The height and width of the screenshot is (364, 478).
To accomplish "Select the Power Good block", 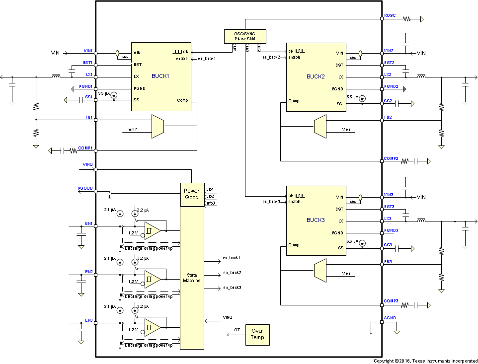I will pos(191,194).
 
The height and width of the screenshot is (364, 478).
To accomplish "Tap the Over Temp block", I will pos(257,334).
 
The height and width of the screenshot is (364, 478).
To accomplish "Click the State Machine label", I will pos(191,278).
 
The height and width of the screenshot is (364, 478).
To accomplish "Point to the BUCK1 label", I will pos(160,76).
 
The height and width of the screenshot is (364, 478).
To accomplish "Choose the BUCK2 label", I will pos(316,76).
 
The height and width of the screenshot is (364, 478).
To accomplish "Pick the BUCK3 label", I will pos(316,220).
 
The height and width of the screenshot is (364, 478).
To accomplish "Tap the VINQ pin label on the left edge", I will pos(87,164).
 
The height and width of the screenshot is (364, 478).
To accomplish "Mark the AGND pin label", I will pos(390,318).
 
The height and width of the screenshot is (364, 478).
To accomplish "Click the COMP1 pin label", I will pos(85,147).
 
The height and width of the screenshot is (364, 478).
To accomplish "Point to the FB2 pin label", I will pos(389,117).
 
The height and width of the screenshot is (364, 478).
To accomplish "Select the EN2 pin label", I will pos(88,272).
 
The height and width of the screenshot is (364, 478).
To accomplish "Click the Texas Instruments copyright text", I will pos(425,361).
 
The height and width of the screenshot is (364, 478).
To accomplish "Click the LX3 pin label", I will pos(388,218).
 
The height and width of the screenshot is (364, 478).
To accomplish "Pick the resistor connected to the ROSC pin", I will pos(407,19).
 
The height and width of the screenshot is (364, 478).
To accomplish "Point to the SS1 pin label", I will pos(88,97).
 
